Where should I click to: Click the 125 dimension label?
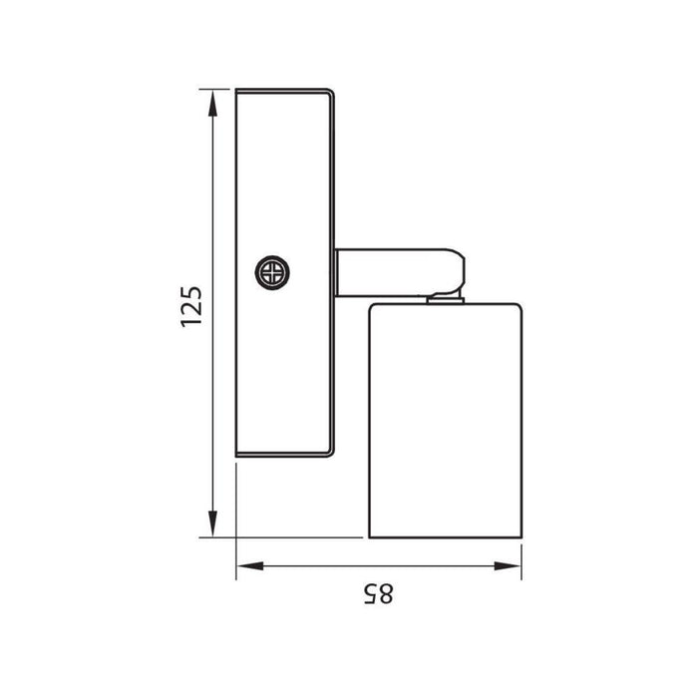tap(191, 307)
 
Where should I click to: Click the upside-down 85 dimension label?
tap(378, 594)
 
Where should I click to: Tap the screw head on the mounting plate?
tap(272, 272)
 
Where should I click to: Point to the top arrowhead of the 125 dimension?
tap(212, 104)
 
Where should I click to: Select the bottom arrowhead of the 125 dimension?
tap(212, 523)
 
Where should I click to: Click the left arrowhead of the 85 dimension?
tap(250, 566)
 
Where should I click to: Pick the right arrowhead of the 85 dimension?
tap(508, 566)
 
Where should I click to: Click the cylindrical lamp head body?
tap(445, 421)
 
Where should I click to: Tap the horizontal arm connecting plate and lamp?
tap(400, 272)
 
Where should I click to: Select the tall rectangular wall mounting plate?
tap(284, 273)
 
